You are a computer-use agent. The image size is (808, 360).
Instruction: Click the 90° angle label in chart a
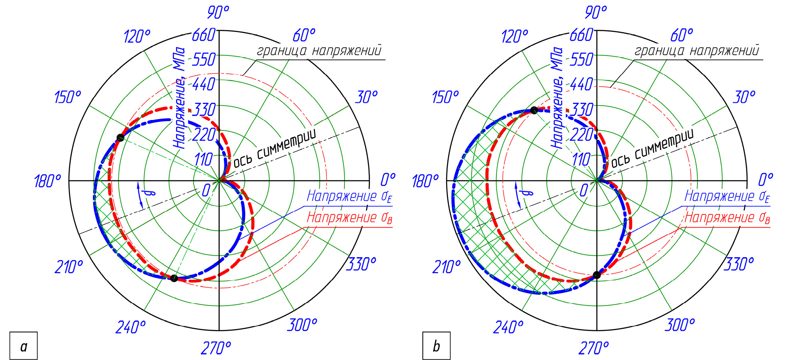(x=218, y=12)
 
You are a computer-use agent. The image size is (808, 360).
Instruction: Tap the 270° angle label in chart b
(x=594, y=348)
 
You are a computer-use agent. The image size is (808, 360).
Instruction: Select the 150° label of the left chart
(x=67, y=97)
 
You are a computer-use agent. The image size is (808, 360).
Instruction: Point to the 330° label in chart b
(x=739, y=264)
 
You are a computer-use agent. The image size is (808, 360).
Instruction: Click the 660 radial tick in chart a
(x=204, y=35)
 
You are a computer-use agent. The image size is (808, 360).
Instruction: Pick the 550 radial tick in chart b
(x=581, y=60)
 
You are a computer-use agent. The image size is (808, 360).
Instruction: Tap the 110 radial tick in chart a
(x=203, y=159)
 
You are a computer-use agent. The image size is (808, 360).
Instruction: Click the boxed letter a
(x=24, y=346)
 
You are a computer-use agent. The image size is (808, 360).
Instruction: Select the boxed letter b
(x=436, y=346)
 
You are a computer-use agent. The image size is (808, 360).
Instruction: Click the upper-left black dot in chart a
(x=120, y=138)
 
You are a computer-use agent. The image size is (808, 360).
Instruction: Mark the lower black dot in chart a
(x=174, y=278)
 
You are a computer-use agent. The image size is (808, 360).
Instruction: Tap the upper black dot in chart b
(x=534, y=110)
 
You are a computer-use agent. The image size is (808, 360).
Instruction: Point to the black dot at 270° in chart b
(x=597, y=275)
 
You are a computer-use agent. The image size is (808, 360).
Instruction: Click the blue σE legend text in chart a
(x=349, y=196)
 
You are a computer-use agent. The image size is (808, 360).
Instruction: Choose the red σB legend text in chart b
(x=727, y=218)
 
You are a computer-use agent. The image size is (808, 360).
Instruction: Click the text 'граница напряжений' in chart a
(x=319, y=51)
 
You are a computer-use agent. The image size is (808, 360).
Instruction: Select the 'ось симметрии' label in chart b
(x=652, y=148)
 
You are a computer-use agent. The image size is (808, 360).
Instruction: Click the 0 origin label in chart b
(x=584, y=190)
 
